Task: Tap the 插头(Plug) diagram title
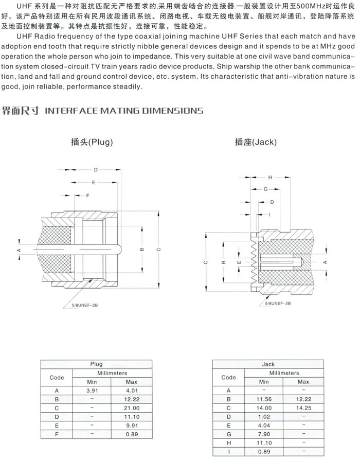tap(92, 142)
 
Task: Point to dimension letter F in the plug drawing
tap(87, 196)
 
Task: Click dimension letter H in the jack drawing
tap(270, 178)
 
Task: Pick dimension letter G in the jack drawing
tap(265, 189)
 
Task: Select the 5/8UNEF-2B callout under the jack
tap(278, 304)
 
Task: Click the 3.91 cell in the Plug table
tap(93, 391)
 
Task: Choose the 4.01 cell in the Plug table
tap(132, 391)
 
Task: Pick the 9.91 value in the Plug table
tap(132, 426)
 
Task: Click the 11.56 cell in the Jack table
tap(264, 399)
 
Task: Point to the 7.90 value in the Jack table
tap(264, 435)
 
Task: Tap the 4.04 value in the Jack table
tap(264, 426)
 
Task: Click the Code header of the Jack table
tap(228, 377)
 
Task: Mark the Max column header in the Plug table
tap(132, 382)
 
